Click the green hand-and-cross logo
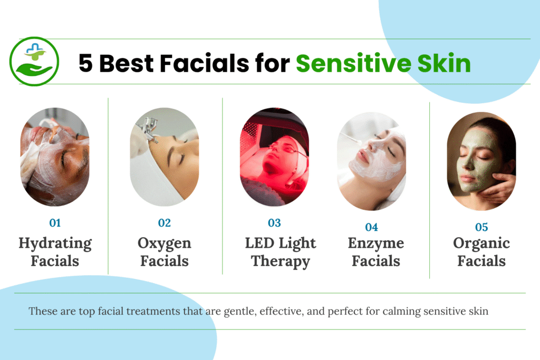[34, 61]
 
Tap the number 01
[55, 223]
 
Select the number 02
[164, 223]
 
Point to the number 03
[274, 223]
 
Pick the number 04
[372, 227]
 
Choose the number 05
[481, 227]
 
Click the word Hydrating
[55, 244]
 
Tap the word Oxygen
[164, 244]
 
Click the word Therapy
[280, 261]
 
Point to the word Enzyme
[376, 244]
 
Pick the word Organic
[481, 244]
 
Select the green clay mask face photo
[481, 161]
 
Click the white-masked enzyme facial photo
[372, 161]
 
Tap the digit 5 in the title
[86, 64]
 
